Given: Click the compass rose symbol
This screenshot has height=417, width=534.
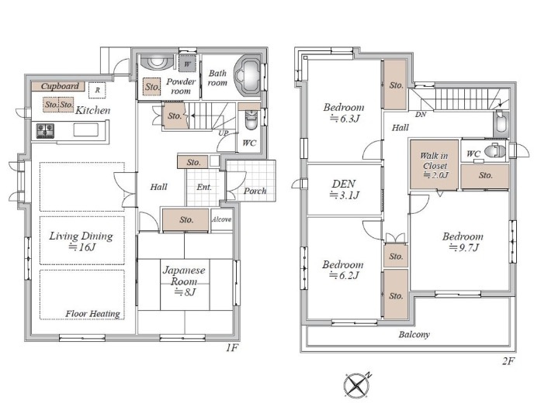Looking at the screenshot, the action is [357, 385].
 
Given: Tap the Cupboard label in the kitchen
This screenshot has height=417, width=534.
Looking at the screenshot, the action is [60, 86].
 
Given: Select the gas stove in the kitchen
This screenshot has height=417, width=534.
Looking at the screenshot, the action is [45, 131].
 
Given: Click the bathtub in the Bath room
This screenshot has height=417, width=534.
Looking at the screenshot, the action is [248, 76].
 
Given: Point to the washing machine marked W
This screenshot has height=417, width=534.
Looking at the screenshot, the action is [187, 64].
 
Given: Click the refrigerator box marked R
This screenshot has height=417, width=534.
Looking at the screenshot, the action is [97, 91].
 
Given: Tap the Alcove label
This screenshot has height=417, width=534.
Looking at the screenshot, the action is [222, 219].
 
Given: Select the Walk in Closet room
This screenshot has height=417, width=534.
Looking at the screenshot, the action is [434, 164].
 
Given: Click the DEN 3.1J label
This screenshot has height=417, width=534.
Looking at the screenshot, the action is [344, 189].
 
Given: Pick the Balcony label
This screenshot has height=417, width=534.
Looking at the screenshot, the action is [414, 335].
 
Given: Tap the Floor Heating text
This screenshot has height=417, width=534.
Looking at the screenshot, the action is [92, 314].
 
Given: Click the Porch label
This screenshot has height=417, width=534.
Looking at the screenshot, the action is [255, 191].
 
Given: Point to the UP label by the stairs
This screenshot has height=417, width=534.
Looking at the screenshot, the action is [224, 133].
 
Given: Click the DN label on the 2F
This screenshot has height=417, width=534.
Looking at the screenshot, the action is [421, 115].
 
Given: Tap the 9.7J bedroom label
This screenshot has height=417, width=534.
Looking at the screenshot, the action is [463, 242].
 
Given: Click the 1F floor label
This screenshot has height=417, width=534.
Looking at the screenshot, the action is [231, 347].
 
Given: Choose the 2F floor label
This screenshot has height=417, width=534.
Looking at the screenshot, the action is [508, 361].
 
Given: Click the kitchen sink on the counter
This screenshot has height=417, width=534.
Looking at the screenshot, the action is [86, 130].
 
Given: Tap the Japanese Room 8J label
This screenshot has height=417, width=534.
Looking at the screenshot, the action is [184, 281].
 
